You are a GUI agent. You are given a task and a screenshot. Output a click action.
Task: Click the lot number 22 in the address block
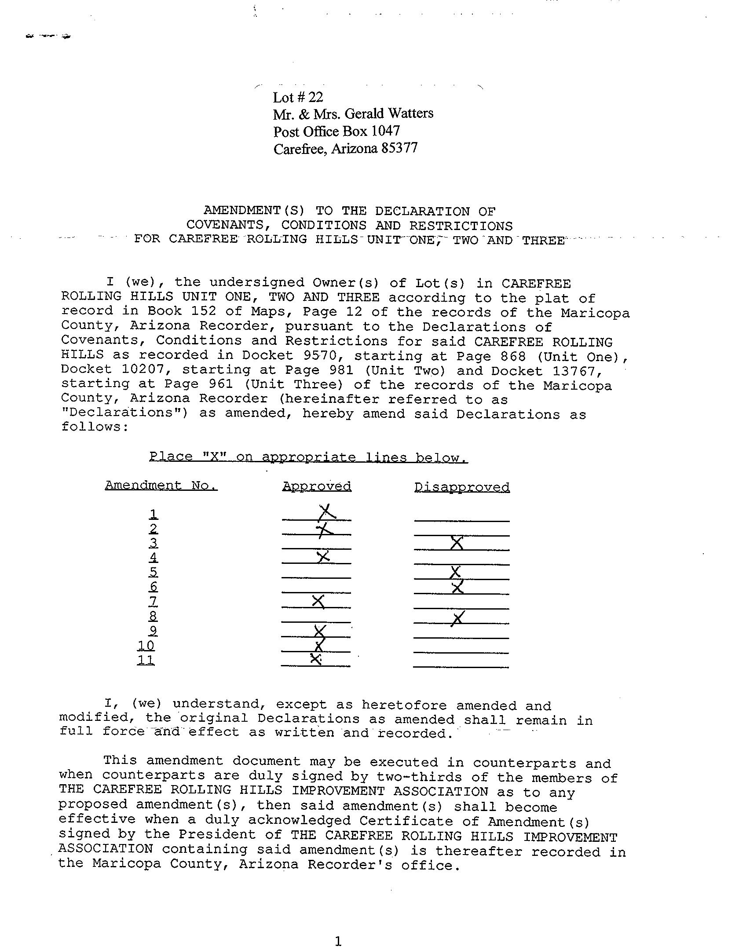click(315, 97)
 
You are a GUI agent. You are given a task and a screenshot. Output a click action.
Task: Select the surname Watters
click(411, 114)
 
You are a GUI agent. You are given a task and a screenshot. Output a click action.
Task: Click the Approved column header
click(317, 486)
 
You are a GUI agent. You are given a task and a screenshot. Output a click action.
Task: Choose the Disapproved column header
click(462, 487)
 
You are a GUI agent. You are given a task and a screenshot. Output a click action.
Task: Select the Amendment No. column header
click(161, 485)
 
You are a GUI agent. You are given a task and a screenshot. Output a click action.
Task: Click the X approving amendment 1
click(327, 512)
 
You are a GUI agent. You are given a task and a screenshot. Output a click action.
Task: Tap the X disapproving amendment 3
click(457, 543)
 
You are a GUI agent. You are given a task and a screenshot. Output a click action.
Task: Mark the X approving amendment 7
click(318, 601)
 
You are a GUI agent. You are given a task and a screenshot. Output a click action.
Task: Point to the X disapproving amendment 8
click(457, 618)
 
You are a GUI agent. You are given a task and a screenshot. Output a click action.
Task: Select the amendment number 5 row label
click(153, 572)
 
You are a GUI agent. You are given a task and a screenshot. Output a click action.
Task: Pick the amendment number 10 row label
click(146, 645)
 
